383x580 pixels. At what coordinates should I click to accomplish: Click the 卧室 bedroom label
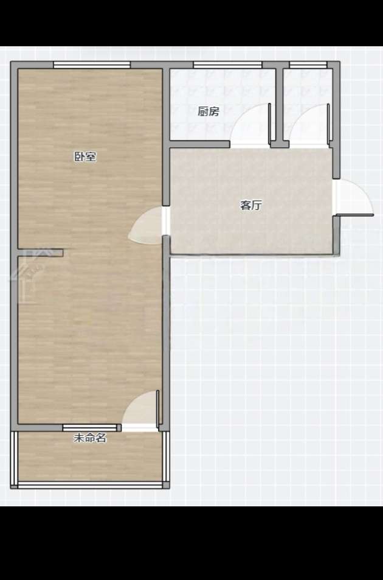pos(85,156)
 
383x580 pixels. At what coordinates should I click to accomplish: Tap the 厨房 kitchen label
pos(209,111)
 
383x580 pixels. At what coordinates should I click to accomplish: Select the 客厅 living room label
pos(251,205)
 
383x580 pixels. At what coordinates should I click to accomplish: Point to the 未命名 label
pos(90,438)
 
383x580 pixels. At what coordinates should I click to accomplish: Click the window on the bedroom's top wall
pos(92,65)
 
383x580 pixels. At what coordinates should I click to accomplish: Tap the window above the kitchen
pos(227,65)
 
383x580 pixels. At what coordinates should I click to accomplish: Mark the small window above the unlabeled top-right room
pos(308,65)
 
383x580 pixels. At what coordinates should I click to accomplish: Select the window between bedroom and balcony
pos(90,428)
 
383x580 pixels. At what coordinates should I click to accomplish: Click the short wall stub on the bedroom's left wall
pos(41,253)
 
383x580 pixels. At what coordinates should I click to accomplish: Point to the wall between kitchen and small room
pos(280,107)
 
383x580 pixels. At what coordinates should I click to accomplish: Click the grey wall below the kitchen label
pos(200,144)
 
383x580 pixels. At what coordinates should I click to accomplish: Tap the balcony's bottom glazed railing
pos(90,485)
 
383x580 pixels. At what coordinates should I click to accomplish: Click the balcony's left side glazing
pos(14,458)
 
